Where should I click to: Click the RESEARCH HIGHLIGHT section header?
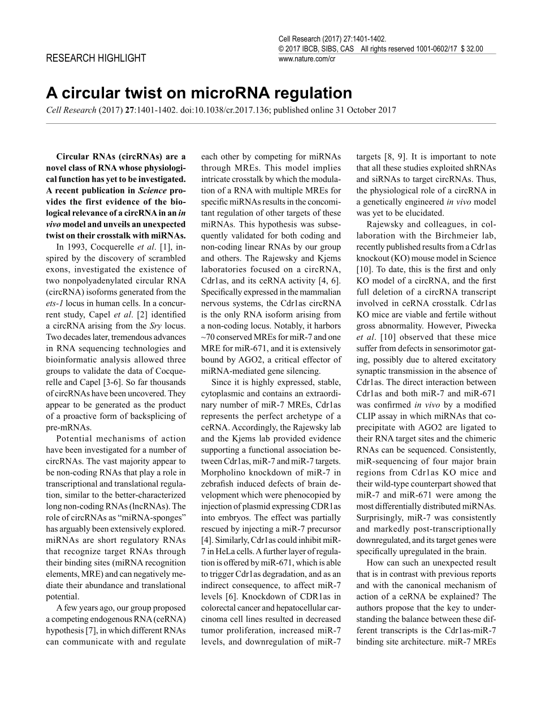click(96, 58)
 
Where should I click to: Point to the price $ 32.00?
click(472, 49)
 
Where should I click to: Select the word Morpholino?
click(224, 472)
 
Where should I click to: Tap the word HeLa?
click(223, 551)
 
